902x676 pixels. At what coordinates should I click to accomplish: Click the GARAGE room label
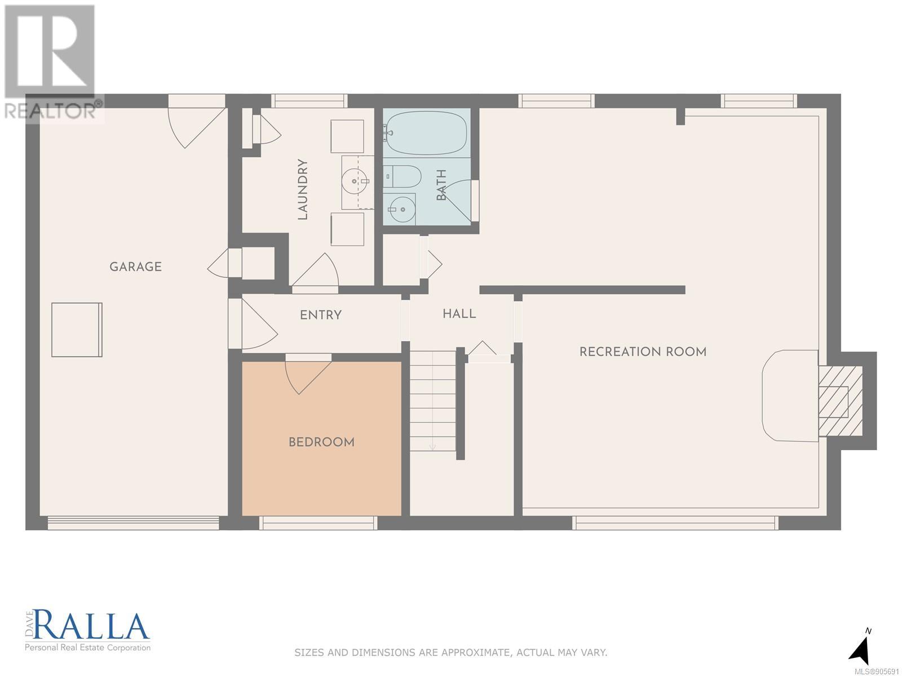(136, 267)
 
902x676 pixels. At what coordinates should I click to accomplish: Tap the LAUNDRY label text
(302, 189)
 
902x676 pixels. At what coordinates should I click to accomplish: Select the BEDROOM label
(321, 442)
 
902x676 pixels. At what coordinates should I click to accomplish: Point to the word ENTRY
(321, 315)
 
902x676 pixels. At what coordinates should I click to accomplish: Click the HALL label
(459, 314)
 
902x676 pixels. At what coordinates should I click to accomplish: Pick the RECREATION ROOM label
(643, 352)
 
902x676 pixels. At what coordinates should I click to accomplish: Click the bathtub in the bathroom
(426, 132)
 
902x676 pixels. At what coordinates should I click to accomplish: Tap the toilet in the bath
(403, 176)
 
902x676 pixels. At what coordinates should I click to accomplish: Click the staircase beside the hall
(433, 402)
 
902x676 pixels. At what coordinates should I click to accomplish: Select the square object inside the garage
(77, 330)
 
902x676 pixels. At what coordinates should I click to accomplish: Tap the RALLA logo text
(92, 625)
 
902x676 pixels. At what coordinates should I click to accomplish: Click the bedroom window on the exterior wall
(318, 523)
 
